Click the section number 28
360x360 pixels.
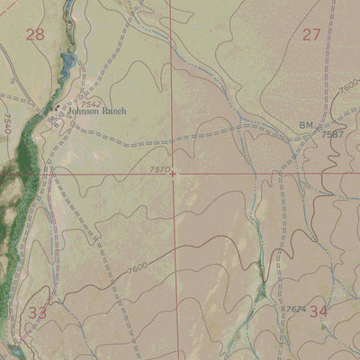coord(35,35)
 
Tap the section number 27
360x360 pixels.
coord(311,35)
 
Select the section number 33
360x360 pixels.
coord(37,313)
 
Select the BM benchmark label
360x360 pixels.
coord(305,125)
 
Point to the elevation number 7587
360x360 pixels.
coord(333,134)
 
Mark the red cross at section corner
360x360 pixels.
coord(172,174)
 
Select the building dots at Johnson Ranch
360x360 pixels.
coord(58,112)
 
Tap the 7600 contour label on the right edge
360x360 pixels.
coord(347,88)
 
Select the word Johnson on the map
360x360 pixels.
coord(85,112)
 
